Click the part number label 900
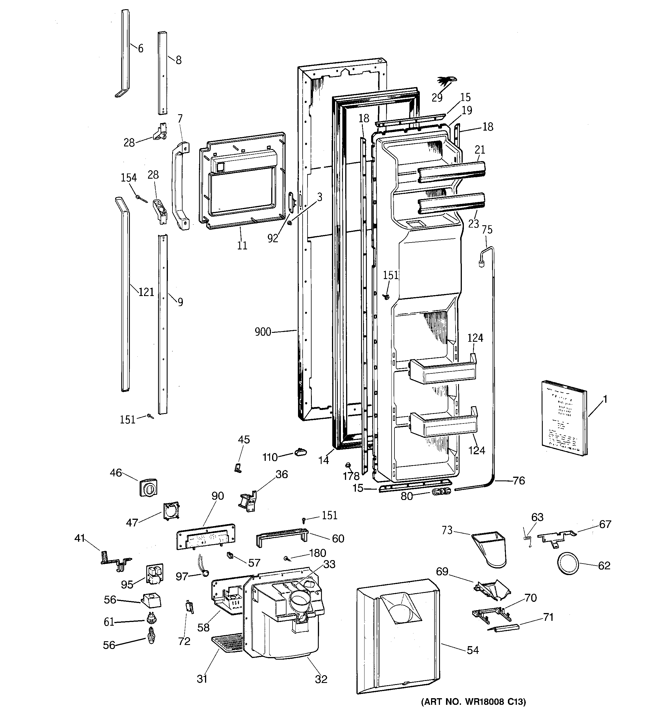point(263,332)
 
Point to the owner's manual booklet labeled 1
point(564,418)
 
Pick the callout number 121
point(146,292)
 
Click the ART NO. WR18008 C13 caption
point(473,702)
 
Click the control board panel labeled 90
point(206,537)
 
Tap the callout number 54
point(472,650)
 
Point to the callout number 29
point(437,98)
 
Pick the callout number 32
point(321,679)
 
